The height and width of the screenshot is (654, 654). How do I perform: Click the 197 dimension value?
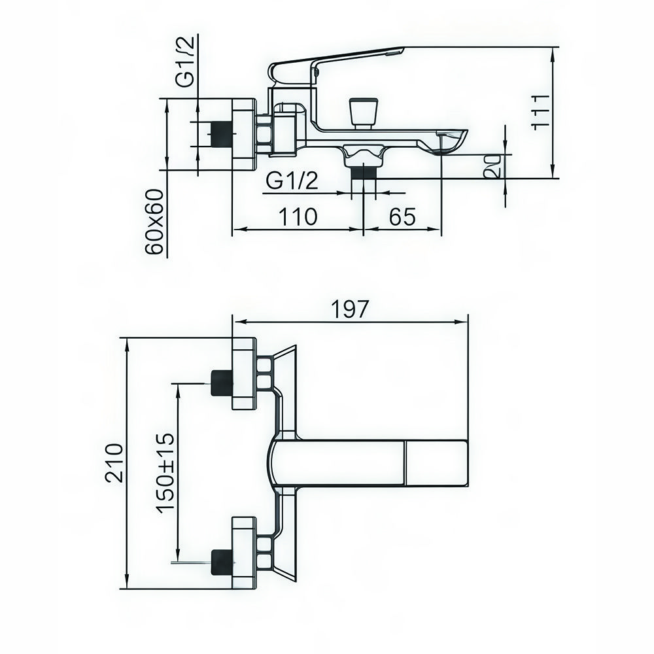click(x=350, y=309)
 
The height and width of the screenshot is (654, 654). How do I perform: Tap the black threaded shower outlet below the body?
click(x=364, y=171)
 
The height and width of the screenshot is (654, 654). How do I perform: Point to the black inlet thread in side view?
click(x=221, y=134)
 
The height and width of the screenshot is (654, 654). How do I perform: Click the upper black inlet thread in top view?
click(x=221, y=383)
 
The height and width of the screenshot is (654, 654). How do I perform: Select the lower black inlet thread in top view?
click(x=221, y=560)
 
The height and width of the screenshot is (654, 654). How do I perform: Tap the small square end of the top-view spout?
click(x=436, y=463)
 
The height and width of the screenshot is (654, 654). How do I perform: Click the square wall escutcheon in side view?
click(x=243, y=135)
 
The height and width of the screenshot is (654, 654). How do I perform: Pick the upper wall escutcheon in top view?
click(x=244, y=373)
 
